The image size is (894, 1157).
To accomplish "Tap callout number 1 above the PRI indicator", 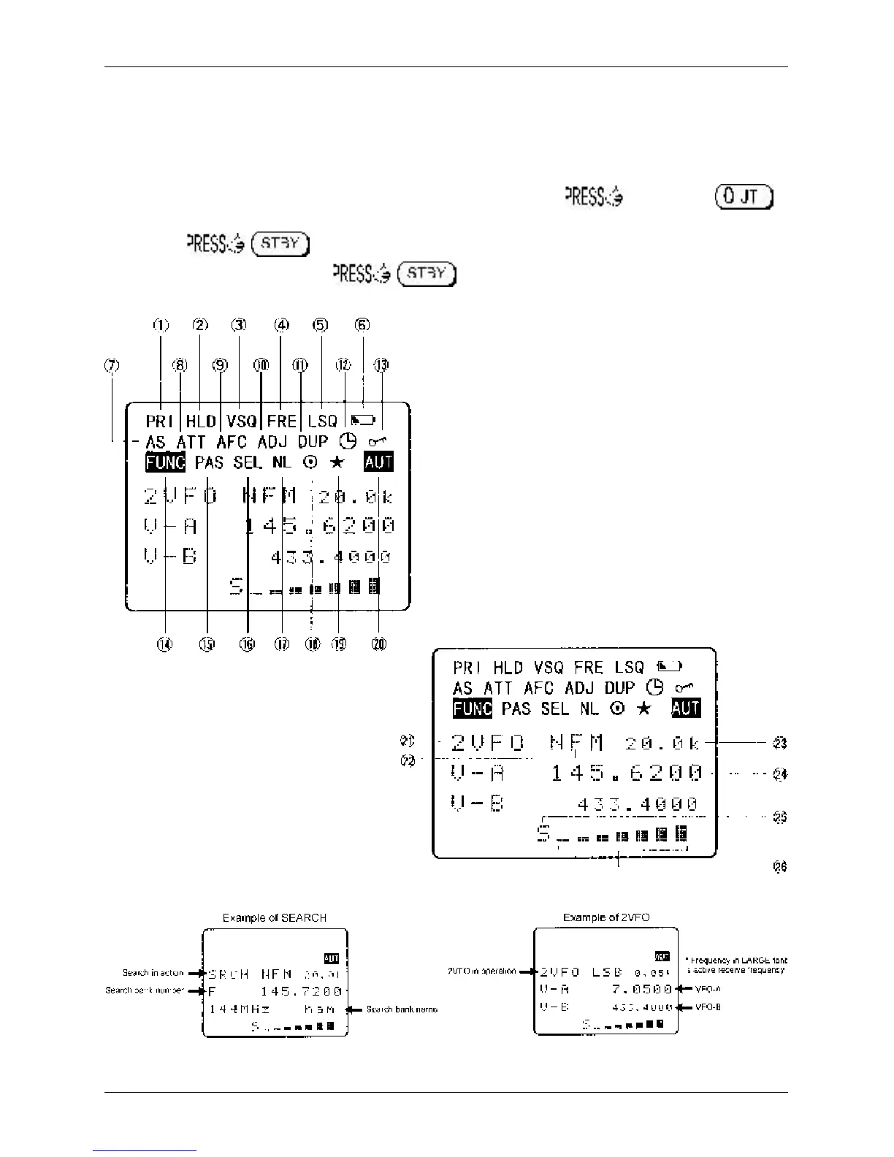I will coord(161,326).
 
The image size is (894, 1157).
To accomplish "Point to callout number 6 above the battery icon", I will coord(362,326).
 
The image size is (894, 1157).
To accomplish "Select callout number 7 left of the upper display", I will coord(112,366).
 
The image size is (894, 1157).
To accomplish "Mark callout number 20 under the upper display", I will coord(379,644).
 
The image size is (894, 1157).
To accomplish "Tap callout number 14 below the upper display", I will coord(166,644).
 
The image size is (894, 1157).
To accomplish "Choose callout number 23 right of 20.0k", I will coord(779,743).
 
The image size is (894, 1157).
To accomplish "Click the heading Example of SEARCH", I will coord(274,917).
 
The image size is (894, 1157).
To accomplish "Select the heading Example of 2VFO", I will coord(606,917).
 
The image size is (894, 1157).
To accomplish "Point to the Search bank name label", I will coord(402,1009).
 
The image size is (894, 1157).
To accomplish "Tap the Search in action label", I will coord(153,973).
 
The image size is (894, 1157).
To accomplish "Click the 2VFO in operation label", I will coord(481,971).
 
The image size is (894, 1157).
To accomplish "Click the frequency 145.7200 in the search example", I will coord(302,991).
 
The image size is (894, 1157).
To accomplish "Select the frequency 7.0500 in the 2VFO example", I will coord(642,989).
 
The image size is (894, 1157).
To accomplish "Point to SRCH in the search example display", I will coord(229,974).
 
